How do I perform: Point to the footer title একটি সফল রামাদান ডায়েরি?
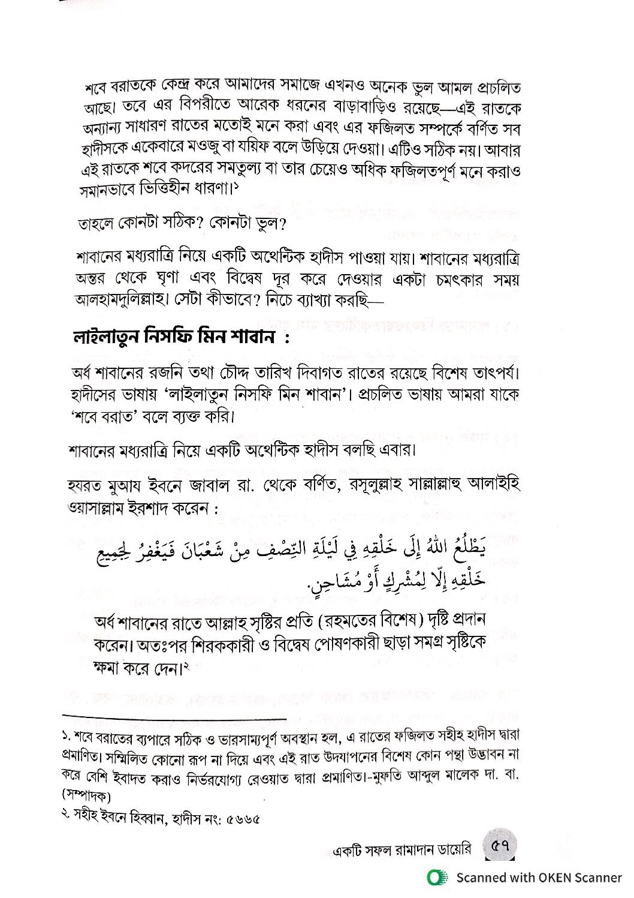(401, 849)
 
